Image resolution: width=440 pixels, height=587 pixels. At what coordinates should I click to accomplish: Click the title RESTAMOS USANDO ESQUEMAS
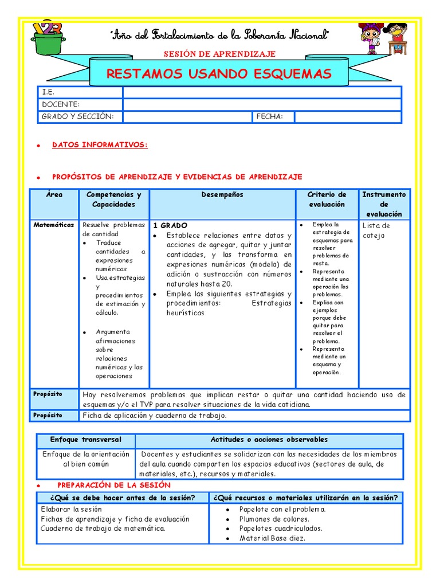[x=219, y=74]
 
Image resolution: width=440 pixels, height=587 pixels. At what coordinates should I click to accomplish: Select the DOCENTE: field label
[x=60, y=104]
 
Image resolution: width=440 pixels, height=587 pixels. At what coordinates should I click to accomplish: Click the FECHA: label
[x=269, y=116]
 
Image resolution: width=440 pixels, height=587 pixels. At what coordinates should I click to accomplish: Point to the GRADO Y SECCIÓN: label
[x=77, y=116]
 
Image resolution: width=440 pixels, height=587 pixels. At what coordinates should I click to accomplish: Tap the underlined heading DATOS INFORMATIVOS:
[x=100, y=145]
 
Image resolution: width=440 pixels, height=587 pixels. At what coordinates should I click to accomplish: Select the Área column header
[x=54, y=195]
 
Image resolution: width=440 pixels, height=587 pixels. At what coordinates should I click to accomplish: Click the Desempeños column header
[x=222, y=195]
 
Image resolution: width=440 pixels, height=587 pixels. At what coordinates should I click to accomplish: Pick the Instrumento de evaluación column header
[x=384, y=204]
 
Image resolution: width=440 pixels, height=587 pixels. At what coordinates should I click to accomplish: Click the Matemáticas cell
[x=54, y=225]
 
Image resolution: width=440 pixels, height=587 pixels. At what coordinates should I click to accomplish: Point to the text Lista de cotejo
[x=376, y=230]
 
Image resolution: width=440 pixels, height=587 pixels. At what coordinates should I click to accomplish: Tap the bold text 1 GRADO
[x=170, y=226]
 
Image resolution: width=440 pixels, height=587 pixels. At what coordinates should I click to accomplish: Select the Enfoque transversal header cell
[x=86, y=440]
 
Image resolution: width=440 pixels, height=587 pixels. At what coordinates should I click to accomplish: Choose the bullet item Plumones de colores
[x=274, y=519]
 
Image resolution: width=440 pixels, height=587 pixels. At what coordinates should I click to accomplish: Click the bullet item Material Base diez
[x=272, y=538]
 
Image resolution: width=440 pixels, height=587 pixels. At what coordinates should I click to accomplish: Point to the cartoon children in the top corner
[x=382, y=38]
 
